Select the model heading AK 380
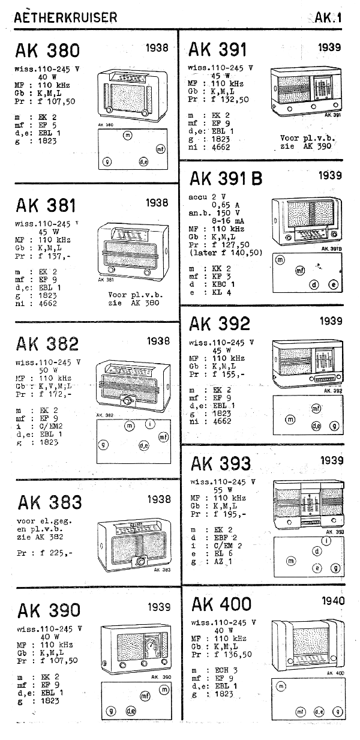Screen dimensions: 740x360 point(47,50)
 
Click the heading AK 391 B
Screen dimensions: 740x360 point(226,179)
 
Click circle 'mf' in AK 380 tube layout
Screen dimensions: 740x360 point(160,148)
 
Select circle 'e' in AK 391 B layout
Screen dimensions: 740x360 point(333,285)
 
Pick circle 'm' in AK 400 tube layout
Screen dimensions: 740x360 point(280,686)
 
